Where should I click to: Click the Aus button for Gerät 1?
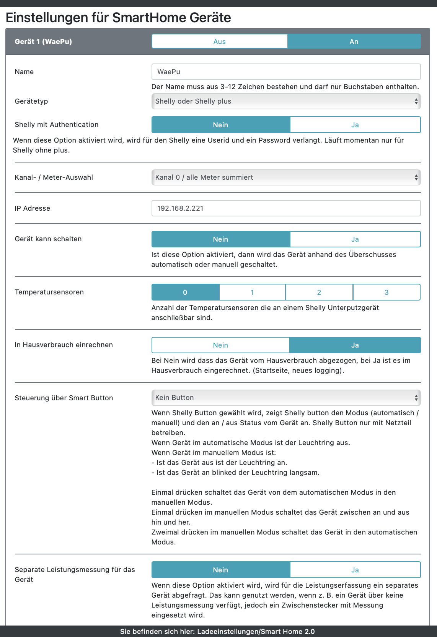click(x=220, y=41)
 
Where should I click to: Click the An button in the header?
click(x=354, y=41)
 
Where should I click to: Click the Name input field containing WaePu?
click(x=286, y=72)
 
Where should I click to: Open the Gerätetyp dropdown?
click(x=286, y=101)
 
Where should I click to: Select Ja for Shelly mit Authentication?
click(x=355, y=125)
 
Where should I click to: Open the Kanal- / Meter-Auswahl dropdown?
click(x=286, y=177)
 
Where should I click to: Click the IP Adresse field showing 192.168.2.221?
click(x=286, y=208)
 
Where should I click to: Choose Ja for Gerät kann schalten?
click(x=355, y=239)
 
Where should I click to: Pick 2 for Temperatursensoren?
click(x=319, y=292)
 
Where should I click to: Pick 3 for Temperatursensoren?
click(x=386, y=292)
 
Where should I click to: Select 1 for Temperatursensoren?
click(x=252, y=292)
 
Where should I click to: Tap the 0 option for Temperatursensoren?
click(x=185, y=292)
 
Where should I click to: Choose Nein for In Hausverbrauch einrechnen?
click(x=220, y=345)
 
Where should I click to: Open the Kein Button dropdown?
click(x=286, y=398)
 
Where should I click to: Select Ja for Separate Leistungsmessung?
click(x=355, y=570)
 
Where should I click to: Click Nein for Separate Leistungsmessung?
click(x=220, y=570)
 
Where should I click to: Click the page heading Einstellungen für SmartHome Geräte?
click(x=118, y=18)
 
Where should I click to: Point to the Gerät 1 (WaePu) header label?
click(x=43, y=42)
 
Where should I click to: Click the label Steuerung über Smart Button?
click(x=64, y=398)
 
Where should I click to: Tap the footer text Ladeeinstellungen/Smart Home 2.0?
click(x=256, y=632)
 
